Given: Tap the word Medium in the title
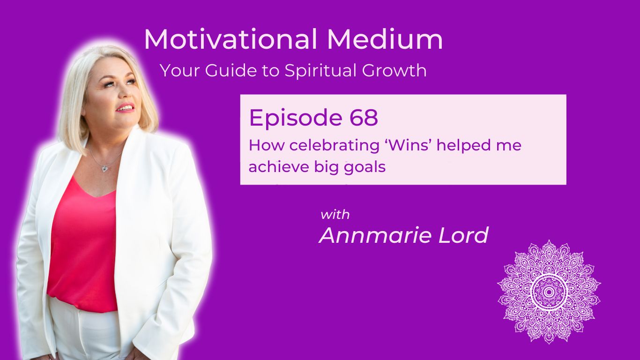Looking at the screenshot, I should pyautogui.click(x=385, y=40).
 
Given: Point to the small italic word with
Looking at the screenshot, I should pyautogui.click(x=335, y=215).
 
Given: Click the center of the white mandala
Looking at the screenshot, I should pyautogui.click(x=549, y=292).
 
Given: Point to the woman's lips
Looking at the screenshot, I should pyautogui.click(x=126, y=108).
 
